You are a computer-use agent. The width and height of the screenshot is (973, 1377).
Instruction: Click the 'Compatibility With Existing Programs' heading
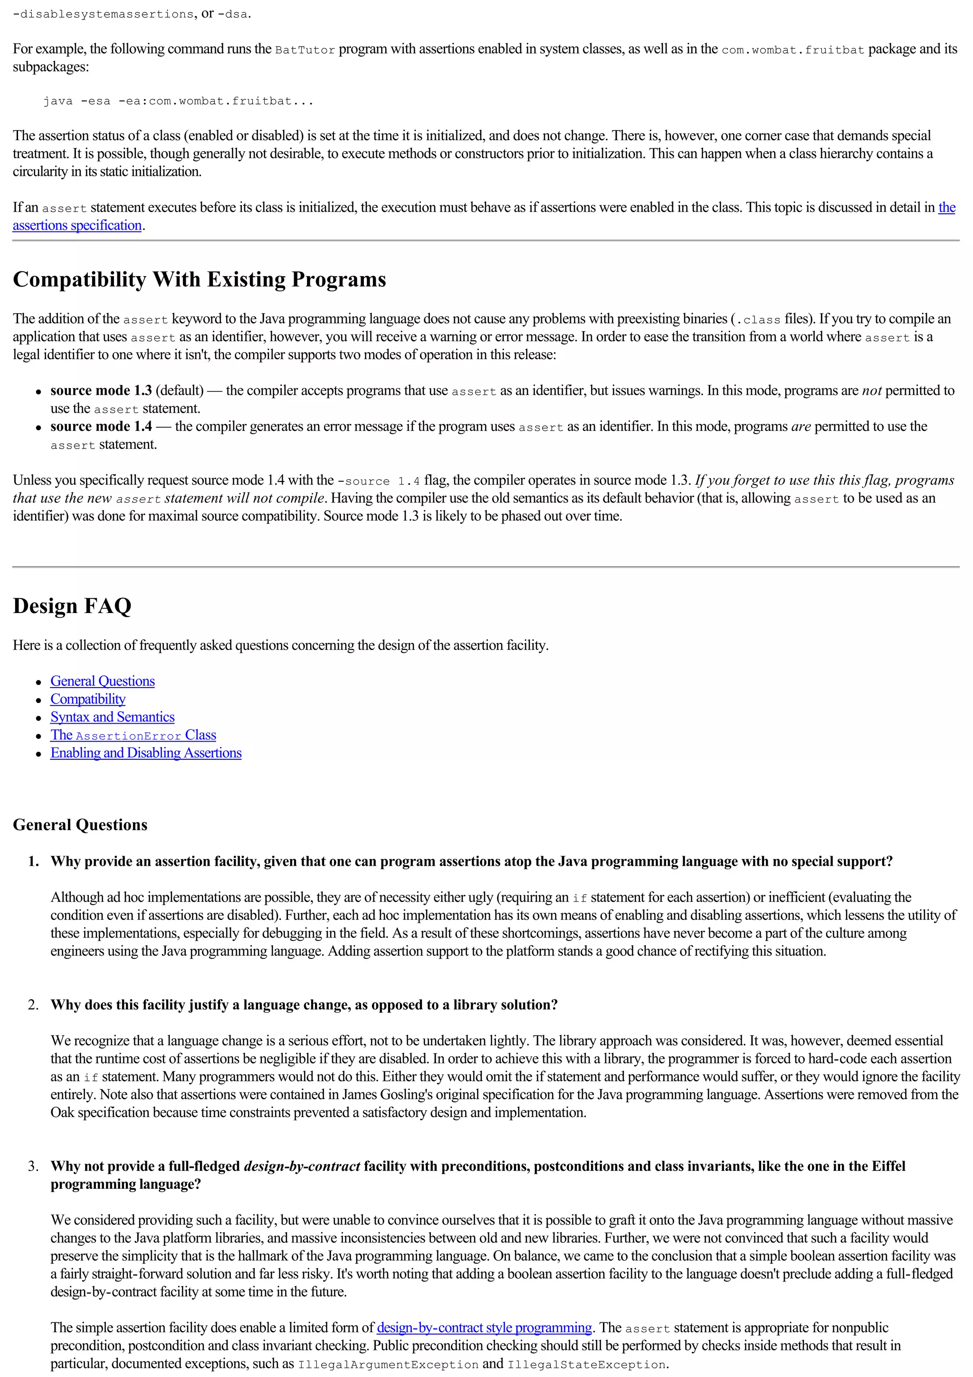pos(199,279)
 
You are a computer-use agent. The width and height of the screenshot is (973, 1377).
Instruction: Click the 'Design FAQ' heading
pos(72,606)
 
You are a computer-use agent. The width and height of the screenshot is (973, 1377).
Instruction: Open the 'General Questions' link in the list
pos(103,681)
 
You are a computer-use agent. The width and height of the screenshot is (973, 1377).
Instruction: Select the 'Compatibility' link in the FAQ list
pos(87,699)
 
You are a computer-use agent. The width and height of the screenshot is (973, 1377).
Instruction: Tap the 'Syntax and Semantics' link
pos(112,717)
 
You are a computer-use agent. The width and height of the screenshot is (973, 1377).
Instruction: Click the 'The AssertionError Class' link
pos(133,735)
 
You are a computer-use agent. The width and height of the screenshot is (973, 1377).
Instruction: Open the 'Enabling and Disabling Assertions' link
pos(146,753)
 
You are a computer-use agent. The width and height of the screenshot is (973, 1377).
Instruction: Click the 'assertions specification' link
pos(77,226)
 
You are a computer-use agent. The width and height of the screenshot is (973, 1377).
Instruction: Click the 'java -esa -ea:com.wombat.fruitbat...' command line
pos(178,101)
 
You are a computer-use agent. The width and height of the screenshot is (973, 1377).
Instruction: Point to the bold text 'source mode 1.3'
pos(101,391)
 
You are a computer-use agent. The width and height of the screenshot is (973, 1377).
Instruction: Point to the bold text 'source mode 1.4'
pos(101,426)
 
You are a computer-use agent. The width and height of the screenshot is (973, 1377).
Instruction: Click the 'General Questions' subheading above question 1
pos(80,825)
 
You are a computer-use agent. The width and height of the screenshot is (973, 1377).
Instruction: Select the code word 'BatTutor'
pos(305,50)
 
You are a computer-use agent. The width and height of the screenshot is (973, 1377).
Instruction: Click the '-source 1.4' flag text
pos(379,481)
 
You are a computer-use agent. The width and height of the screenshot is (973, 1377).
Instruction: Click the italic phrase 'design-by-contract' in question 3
pos(302,1166)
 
